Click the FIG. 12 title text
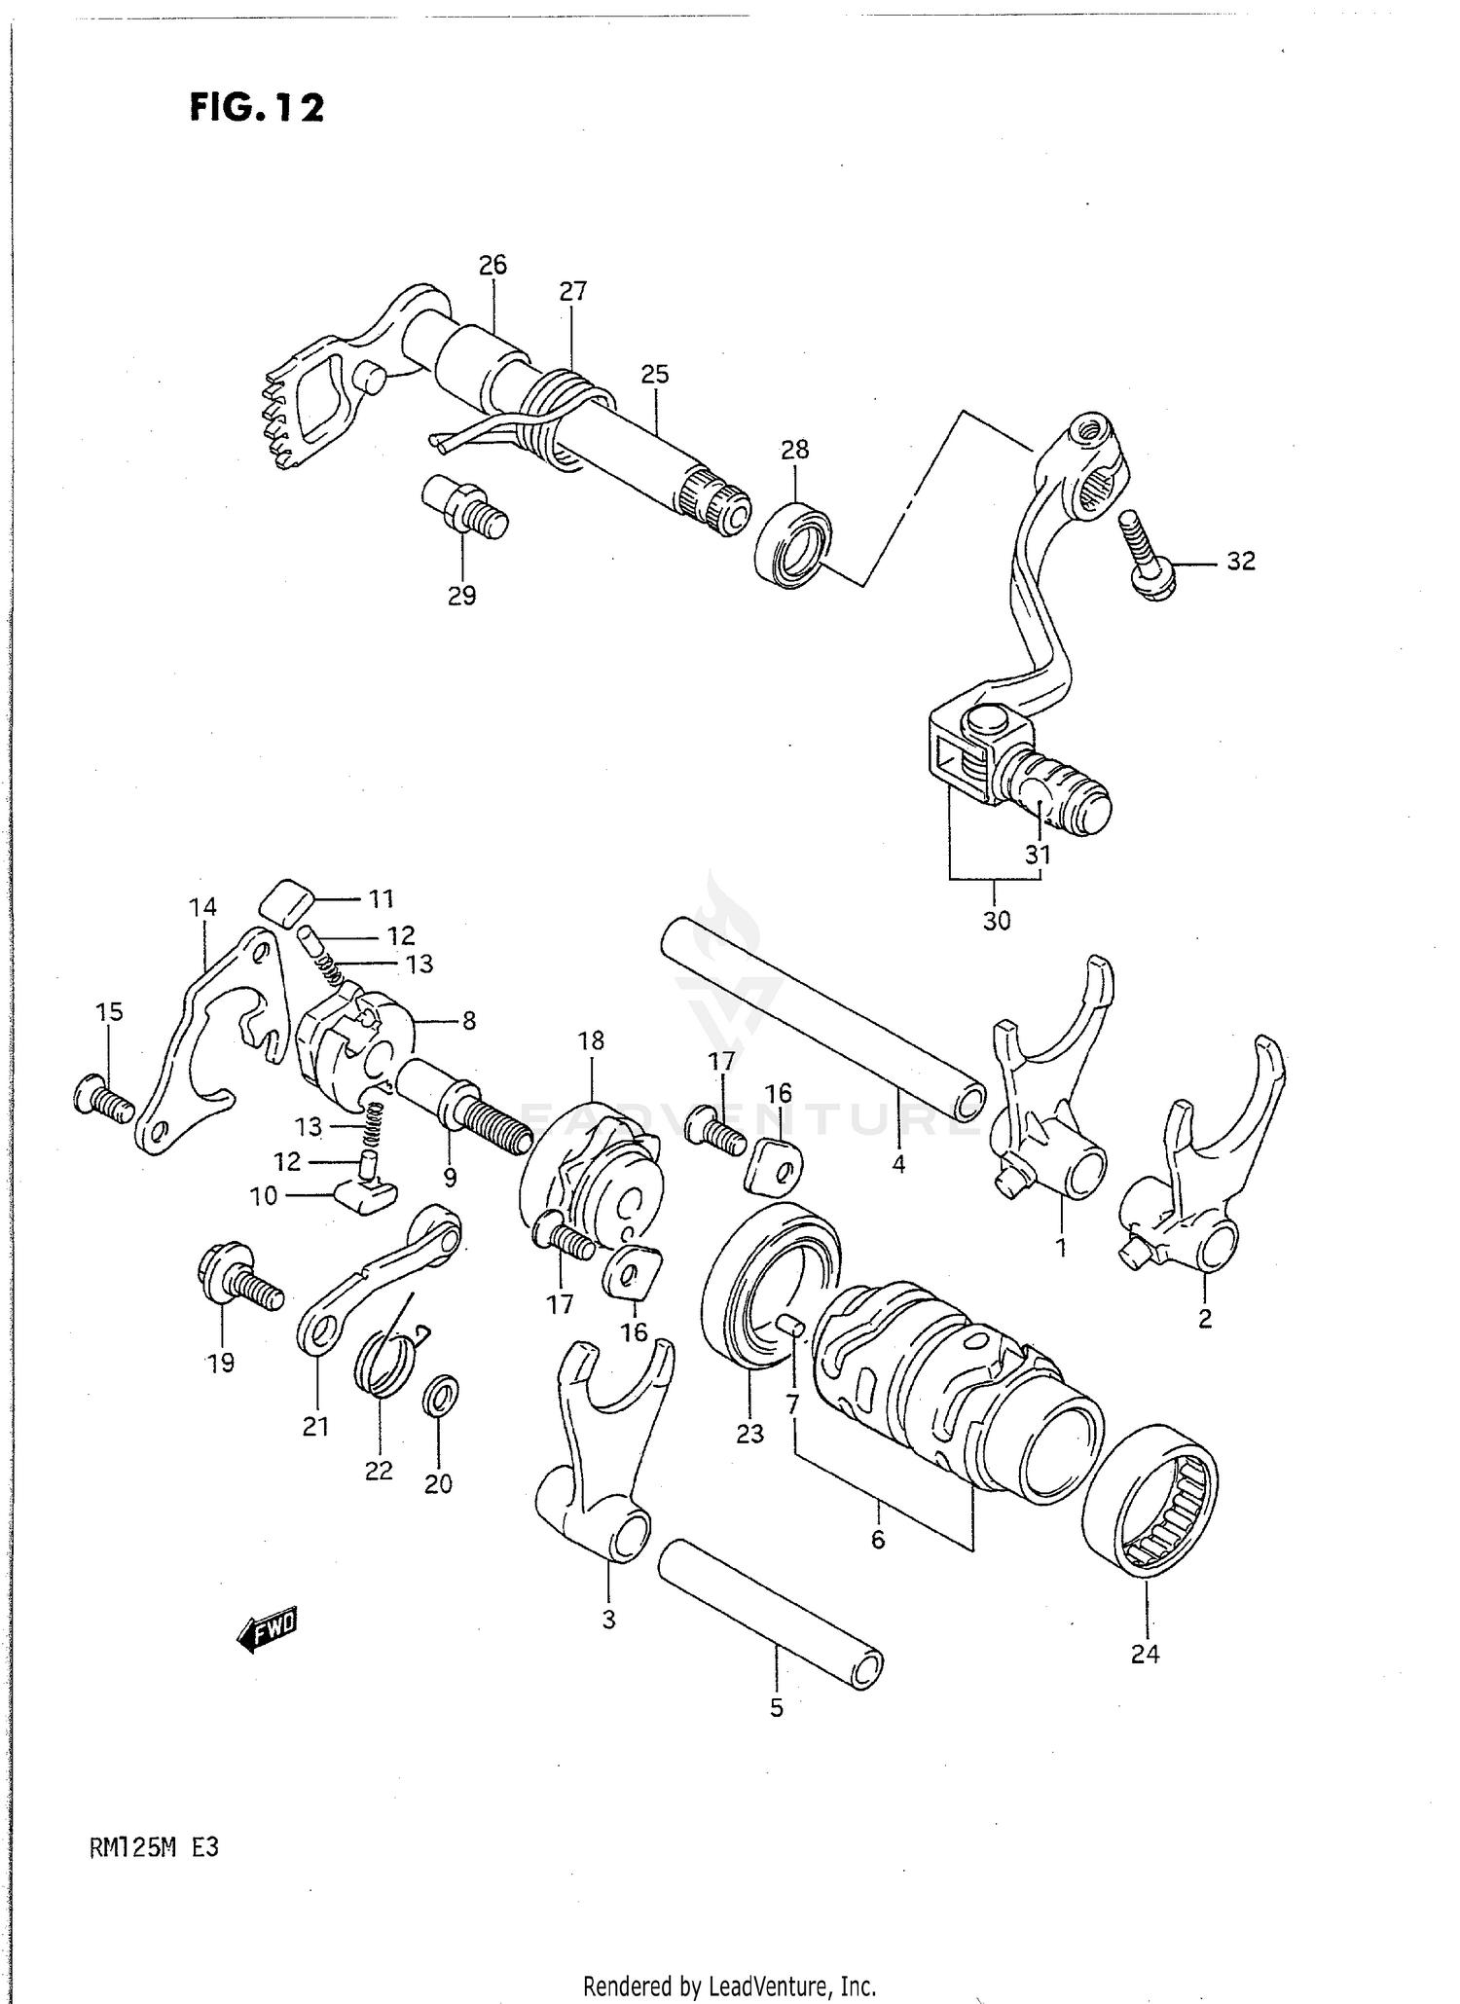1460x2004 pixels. click(x=257, y=107)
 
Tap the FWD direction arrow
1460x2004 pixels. click(x=268, y=1630)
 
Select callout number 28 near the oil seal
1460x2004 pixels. click(x=794, y=450)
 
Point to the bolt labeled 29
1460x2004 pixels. click(x=465, y=508)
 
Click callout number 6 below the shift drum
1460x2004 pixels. click(x=878, y=1540)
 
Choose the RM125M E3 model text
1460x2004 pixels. click(x=154, y=1846)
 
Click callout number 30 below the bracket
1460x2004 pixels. click(x=997, y=920)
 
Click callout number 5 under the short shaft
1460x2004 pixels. click(x=777, y=1708)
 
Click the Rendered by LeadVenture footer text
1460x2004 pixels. click(x=729, y=1986)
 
